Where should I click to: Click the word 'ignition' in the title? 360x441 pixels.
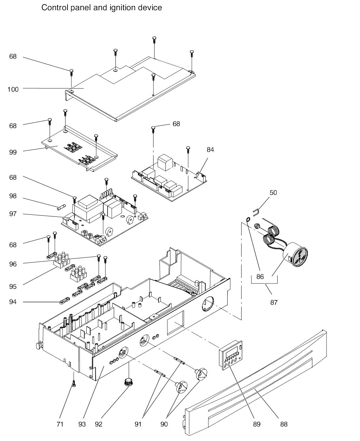tap(121, 7)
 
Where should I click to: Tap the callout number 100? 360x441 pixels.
tap(13, 89)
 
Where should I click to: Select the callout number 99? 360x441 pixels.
tap(13, 152)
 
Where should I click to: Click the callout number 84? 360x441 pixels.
tap(210, 150)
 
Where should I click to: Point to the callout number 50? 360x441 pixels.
tap(273, 193)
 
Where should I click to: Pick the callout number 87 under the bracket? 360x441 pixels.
tap(274, 302)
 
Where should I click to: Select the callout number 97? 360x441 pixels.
tap(13, 214)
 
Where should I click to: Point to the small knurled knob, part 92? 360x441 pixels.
tap(128, 382)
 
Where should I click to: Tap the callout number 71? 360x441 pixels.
tap(60, 424)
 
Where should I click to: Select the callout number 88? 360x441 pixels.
tap(284, 424)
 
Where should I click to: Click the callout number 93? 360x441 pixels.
tap(82, 424)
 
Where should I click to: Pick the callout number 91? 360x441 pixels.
tap(138, 424)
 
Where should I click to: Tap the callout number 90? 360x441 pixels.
tap(164, 424)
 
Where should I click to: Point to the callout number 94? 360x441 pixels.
tap(13, 302)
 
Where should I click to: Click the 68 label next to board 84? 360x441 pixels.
tap(176, 124)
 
